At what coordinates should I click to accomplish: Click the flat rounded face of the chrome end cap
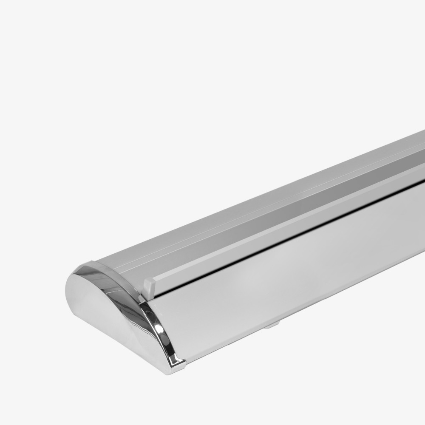tap(102, 310)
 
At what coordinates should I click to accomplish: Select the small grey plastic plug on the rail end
tap(148, 287)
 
